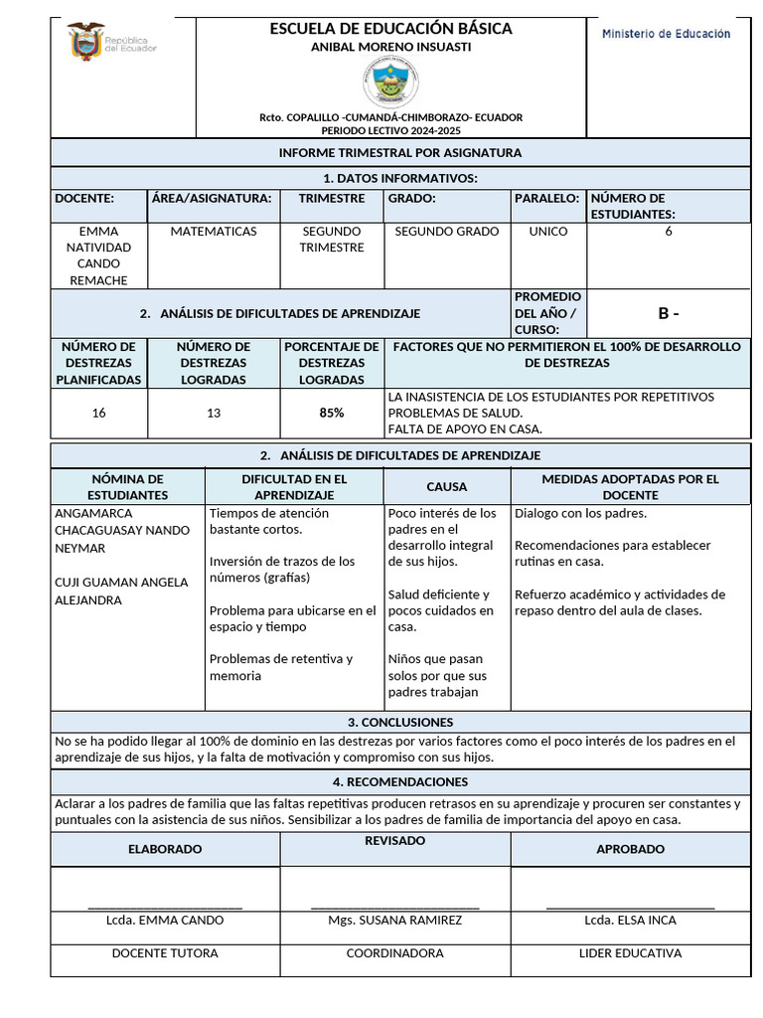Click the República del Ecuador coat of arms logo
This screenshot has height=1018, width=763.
coord(86,43)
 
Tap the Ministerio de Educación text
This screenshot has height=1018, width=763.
coord(666,34)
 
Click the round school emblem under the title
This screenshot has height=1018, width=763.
coord(390,82)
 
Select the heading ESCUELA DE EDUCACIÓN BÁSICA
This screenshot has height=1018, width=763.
coord(390,29)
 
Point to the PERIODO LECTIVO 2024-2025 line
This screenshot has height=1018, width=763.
coord(390,130)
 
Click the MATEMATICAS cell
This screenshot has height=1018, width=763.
coord(213,232)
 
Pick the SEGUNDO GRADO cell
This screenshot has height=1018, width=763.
coord(446,232)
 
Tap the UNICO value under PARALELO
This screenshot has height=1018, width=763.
coord(548,232)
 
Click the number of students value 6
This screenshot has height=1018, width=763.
coord(669,232)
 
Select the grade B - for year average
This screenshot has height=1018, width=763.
coord(669,314)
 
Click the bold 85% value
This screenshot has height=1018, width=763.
coord(332,413)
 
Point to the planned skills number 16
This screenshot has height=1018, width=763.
coord(98,413)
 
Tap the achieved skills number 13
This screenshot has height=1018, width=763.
coord(213,413)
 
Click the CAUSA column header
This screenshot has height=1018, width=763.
coord(446,487)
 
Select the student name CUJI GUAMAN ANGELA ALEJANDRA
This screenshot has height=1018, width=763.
coord(120,592)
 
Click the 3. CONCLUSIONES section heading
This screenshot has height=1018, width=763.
coord(400,723)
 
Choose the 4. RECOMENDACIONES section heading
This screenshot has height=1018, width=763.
coord(400,782)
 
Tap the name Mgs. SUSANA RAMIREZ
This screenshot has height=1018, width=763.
coord(394,921)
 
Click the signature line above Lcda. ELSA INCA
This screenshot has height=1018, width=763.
coord(630,908)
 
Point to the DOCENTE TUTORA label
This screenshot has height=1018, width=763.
coord(164,953)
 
